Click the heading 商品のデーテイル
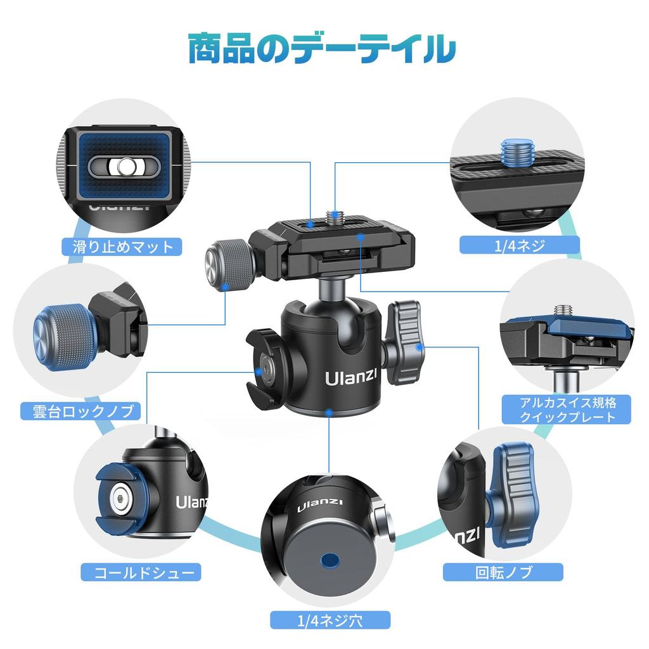click(x=322, y=49)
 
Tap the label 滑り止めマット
click(x=122, y=246)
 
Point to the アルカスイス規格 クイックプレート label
click(x=567, y=409)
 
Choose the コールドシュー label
click(x=141, y=573)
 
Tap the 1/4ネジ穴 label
click(x=330, y=619)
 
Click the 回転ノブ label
click(x=503, y=572)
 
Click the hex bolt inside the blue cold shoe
click(x=120, y=500)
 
